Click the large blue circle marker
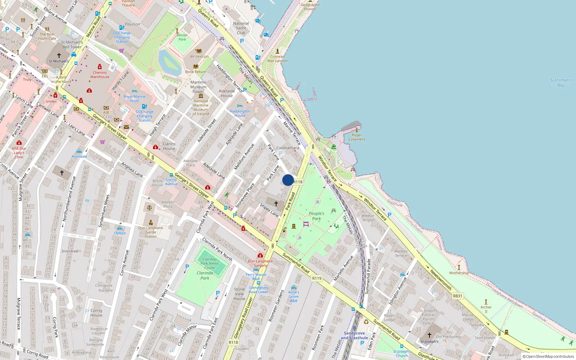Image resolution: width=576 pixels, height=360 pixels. point(288,180)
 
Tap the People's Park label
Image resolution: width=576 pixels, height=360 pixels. point(316,216)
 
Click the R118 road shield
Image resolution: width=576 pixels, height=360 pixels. point(298,182)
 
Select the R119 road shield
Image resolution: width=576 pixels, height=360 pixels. point(317,278)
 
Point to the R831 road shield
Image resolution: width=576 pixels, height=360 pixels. point(458,296)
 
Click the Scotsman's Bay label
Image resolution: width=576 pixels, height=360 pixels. point(561,83)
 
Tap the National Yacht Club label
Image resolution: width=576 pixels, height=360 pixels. point(241,28)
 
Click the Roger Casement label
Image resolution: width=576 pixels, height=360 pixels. point(356,137)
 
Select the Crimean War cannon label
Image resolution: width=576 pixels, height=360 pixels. point(277,59)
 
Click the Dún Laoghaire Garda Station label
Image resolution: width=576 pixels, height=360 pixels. point(150,232)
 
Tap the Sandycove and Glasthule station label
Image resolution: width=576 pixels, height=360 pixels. point(354,336)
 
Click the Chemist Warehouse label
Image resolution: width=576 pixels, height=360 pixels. point(100,75)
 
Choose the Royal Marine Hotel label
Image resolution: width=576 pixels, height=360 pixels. point(134,99)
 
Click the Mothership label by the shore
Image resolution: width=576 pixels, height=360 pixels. point(459,273)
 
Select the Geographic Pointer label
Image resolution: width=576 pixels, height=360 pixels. point(310,6)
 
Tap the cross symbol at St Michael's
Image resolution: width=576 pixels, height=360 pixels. point(59,55)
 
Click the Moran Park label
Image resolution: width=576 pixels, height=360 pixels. point(182,37)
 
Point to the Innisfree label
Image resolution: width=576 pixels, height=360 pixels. point(70,251)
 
